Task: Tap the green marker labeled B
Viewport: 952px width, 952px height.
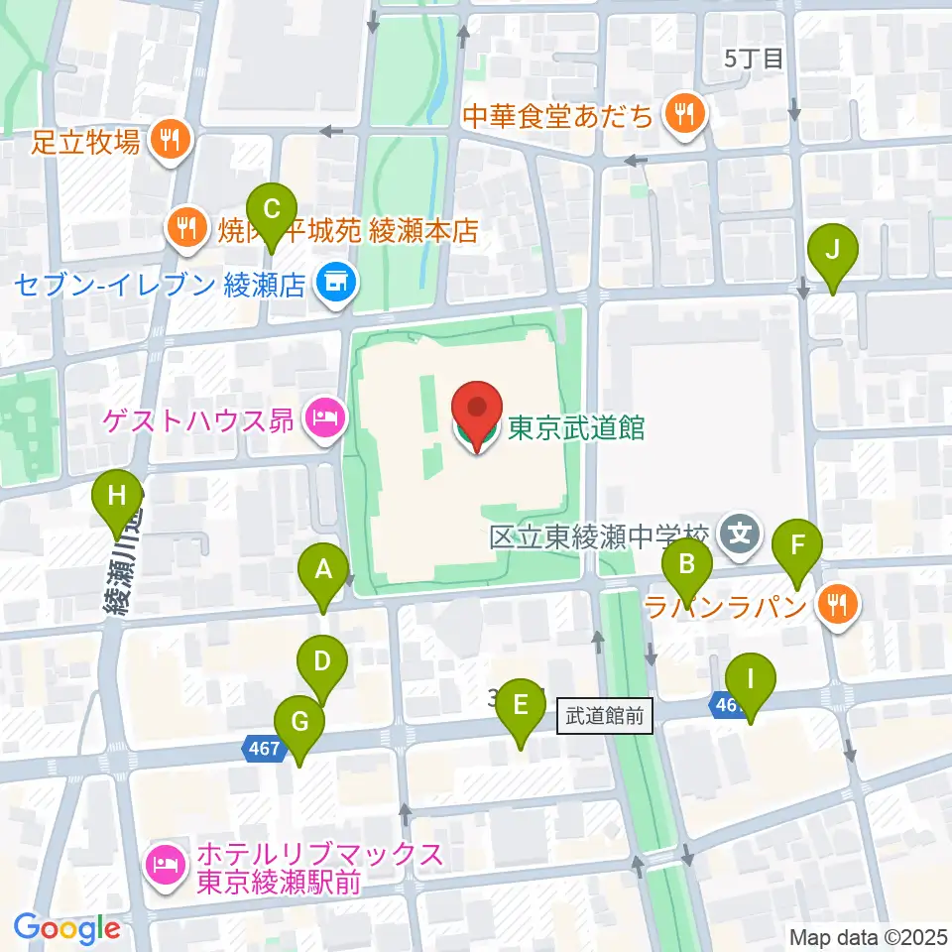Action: pos(686,566)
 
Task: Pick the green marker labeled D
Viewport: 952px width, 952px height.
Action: pos(321,661)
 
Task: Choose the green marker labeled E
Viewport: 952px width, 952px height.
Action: pos(521,705)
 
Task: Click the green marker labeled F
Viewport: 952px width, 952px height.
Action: pos(795,545)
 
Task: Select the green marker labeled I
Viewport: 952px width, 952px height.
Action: pos(750,681)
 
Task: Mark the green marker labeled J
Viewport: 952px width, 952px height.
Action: pos(832,250)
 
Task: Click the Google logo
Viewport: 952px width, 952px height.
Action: pos(67,928)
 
